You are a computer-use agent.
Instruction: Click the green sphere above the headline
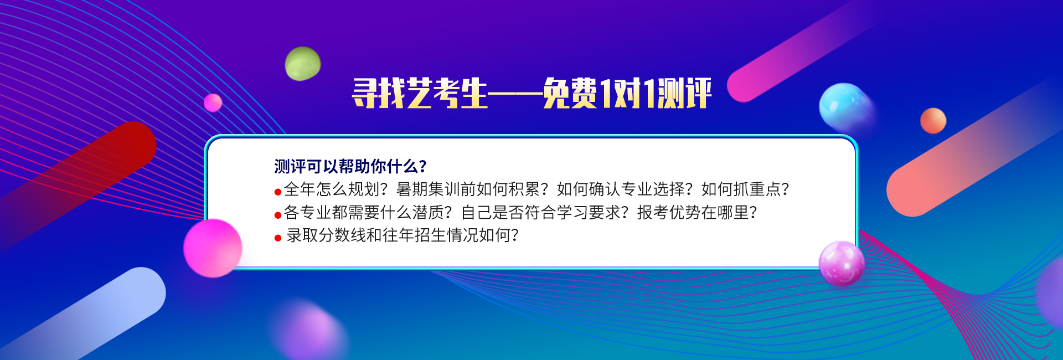pos(303,64)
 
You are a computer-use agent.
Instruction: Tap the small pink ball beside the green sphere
pos(213,102)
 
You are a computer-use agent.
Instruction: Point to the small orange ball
pos(933,121)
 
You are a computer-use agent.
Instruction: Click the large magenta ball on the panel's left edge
pos(213,248)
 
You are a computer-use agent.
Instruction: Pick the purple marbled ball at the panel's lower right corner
pos(842,264)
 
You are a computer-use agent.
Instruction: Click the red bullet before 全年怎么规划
pos(278,192)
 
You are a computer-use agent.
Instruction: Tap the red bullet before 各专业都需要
pos(278,215)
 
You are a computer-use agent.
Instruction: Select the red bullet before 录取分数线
pos(278,238)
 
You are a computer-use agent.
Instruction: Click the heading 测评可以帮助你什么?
pos(350,166)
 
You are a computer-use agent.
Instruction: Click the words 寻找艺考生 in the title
pos(420,93)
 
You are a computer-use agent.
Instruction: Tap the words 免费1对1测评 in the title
pos(627,93)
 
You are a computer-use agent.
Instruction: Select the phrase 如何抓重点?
pos(745,189)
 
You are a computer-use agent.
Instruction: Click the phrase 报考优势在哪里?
pos(697,213)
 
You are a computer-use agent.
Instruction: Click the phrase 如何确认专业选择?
pos(625,189)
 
